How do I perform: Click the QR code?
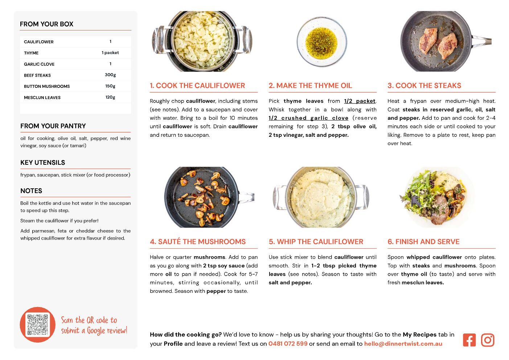37,324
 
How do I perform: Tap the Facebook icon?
469,340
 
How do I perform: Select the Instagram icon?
488,340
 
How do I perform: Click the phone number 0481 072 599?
288,344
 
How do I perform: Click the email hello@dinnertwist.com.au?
403,344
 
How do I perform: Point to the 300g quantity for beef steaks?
110,75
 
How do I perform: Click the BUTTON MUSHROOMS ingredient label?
47,86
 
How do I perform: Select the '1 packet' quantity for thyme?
110,53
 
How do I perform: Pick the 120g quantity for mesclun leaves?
110,97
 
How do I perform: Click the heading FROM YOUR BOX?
46,24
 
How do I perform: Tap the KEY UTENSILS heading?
43,163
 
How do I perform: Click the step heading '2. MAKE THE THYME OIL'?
310,85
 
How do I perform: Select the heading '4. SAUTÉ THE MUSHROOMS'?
198,241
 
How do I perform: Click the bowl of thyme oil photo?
321,42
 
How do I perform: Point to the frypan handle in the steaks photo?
482,41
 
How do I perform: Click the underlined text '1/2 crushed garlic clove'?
308,118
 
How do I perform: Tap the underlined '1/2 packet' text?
360,101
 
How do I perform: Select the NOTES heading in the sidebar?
31,191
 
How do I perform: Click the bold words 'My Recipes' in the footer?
419,335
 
